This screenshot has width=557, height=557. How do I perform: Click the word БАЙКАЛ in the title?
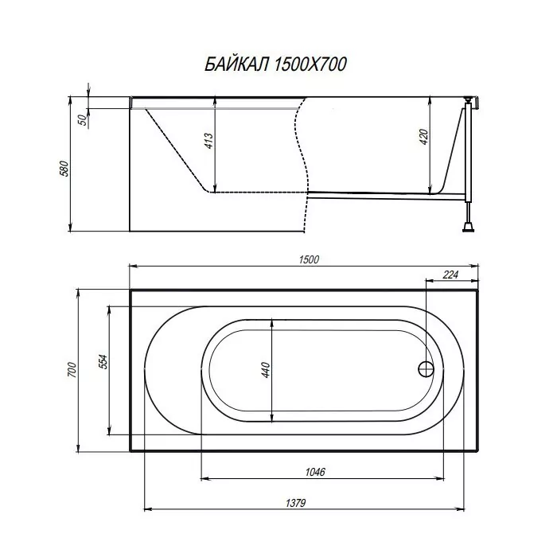[236, 64]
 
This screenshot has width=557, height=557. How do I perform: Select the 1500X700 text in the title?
[310, 64]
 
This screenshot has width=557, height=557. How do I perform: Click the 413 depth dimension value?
[208, 142]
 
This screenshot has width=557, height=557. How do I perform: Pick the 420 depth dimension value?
[423, 137]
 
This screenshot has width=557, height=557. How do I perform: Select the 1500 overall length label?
[309, 258]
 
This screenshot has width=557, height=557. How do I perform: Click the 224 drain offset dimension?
[450, 275]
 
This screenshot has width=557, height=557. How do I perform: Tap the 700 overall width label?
[70, 370]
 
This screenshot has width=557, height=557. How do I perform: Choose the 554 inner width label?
[101, 362]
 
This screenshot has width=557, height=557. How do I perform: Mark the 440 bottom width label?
[266, 370]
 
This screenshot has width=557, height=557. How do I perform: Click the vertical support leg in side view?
[469, 159]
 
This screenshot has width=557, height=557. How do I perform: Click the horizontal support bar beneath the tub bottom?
[382, 193]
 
